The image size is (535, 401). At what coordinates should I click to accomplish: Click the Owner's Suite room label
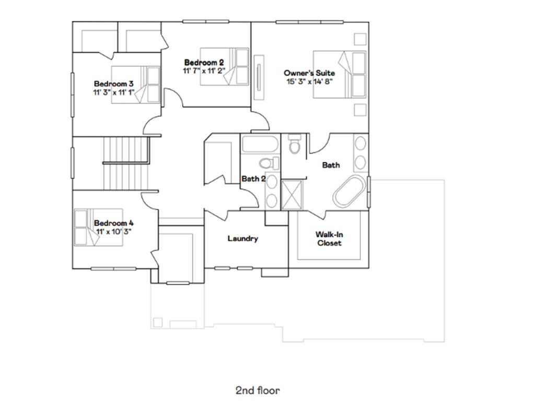309,73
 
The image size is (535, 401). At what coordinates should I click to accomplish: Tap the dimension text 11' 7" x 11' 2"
203,70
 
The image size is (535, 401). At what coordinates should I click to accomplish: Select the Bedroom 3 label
113,84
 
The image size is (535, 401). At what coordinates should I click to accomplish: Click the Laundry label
242,239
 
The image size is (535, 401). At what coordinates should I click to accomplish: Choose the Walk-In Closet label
329,239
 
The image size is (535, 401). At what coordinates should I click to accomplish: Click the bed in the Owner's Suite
340,74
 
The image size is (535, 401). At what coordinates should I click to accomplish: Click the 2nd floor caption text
257,390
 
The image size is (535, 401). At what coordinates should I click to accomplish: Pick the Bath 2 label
253,179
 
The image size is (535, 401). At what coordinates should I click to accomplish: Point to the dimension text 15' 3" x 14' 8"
309,81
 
